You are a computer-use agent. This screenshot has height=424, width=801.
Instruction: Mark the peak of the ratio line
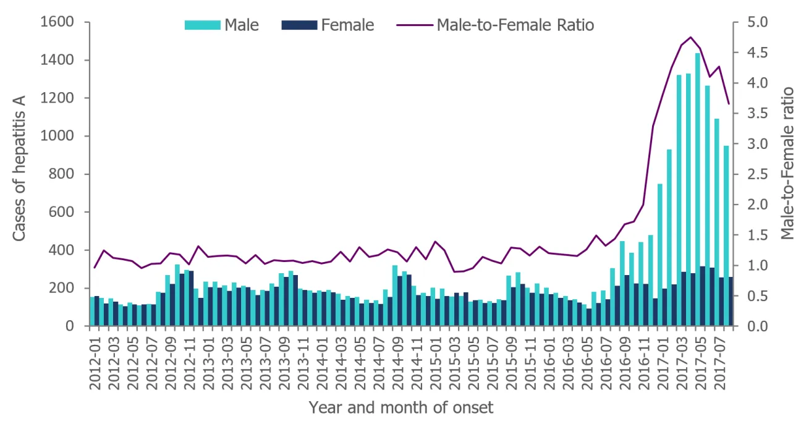pyautogui.click(x=690, y=37)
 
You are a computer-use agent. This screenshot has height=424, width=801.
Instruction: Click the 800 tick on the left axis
pyautogui.click(x=65, y=174)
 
